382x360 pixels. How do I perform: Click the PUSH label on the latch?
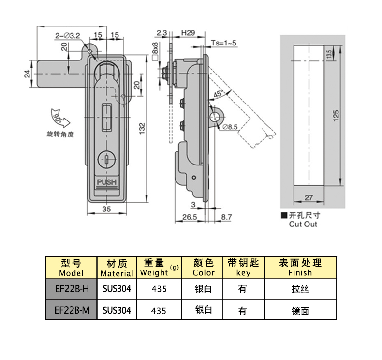pos(107,182)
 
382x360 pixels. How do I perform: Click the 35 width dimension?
pos(106,209)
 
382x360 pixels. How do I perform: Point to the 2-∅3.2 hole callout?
pos(67,35)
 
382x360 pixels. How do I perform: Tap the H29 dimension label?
pos(188,33)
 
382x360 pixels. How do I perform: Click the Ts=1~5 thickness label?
pos(224,43)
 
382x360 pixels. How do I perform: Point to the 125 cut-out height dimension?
pos(337,115)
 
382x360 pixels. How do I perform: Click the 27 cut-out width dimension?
pos(309,197)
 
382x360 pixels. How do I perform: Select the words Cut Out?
pos(304,224)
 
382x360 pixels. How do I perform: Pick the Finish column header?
pos(300,268)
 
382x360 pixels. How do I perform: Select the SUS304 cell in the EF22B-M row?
pos(117,310)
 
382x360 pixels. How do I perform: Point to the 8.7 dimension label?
pos(226,217)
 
